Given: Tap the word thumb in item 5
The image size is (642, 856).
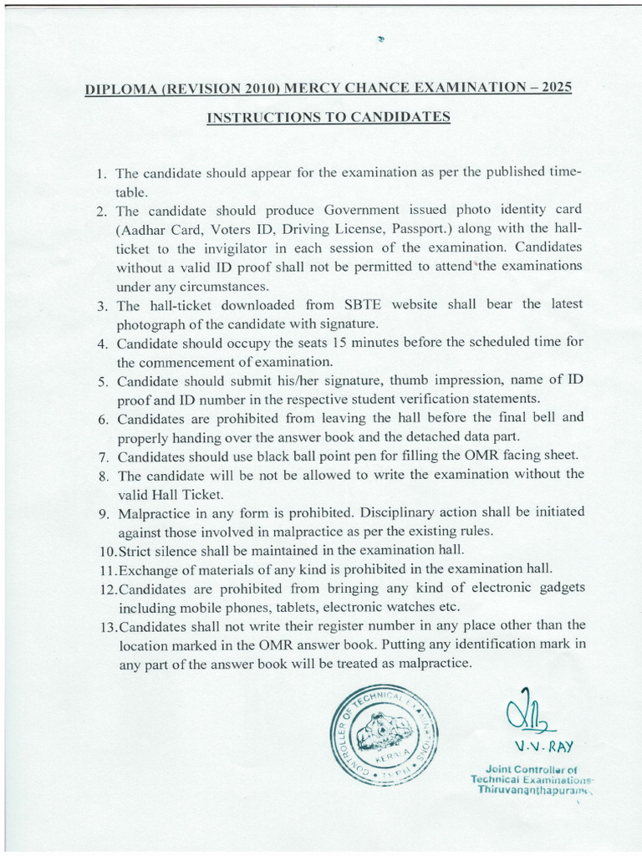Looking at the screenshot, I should coord(390,381).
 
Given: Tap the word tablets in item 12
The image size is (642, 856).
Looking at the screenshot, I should coord(294,607).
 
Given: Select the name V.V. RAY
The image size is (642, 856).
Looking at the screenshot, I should coord(537,746).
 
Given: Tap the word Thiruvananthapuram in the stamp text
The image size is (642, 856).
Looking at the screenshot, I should coord(530,789).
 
